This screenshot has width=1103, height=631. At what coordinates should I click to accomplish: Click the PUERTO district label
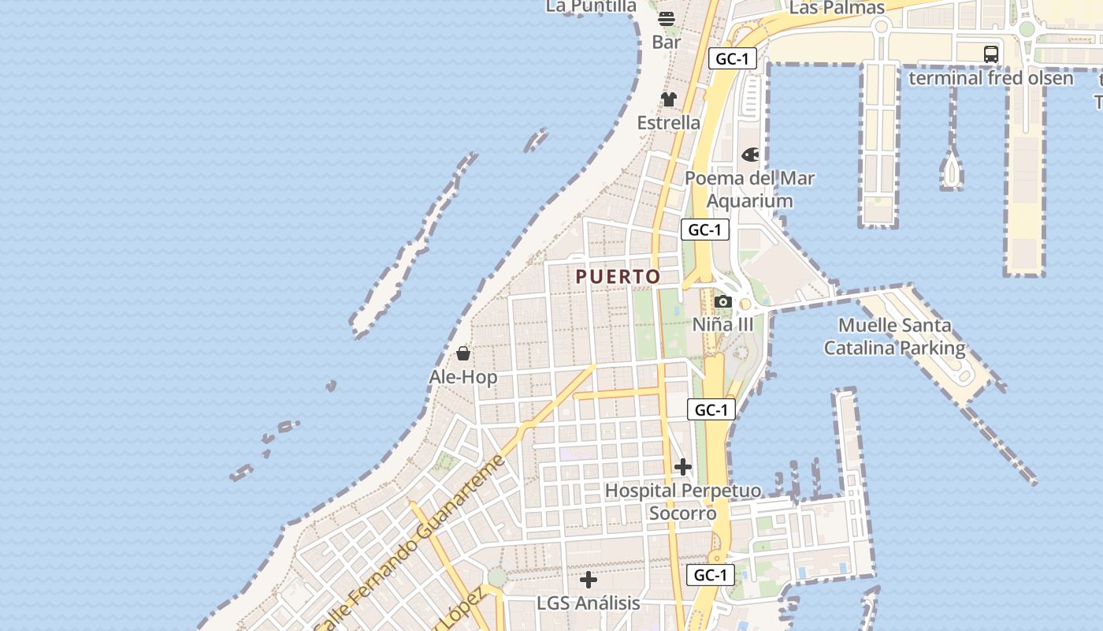click(x=618, y=277)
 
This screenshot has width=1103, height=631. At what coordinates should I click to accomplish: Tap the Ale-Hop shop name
click(x=463, y=377)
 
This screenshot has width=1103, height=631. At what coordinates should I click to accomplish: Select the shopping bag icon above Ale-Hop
click(x=463, y=353)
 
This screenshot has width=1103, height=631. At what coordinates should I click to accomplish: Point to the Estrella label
click(x=668, y=122)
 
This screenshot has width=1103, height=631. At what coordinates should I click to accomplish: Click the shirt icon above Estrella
click(x=668, y=99)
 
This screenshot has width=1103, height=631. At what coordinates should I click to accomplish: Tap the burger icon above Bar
click(x=667, y=19)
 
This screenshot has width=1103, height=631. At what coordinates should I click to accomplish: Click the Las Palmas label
click(x=837, y=8)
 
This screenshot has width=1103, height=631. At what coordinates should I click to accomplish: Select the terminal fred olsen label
click(x=990, y=78)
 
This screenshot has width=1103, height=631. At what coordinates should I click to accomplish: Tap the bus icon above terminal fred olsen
click(x=991, y=54)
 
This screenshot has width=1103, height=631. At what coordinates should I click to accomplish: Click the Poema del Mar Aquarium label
click(x=749, y=189)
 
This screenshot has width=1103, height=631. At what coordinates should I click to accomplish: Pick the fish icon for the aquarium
click(x=750, y=155)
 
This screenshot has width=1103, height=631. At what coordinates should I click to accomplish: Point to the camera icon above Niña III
click(x=722, y=301)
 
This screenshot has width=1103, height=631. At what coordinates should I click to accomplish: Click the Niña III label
click(x=722, y=324)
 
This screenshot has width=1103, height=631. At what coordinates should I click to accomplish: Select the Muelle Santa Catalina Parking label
click(x=894, y=336)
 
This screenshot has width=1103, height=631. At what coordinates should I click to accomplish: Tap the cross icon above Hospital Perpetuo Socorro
click(x=683, y=468)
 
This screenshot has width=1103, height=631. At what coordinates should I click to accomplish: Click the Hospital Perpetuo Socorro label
click(x=683, y=502)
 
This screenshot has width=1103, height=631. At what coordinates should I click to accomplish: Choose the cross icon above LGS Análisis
click(x=589, y=580)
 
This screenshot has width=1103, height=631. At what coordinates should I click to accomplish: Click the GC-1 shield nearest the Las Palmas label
click(x=732, y=58)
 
